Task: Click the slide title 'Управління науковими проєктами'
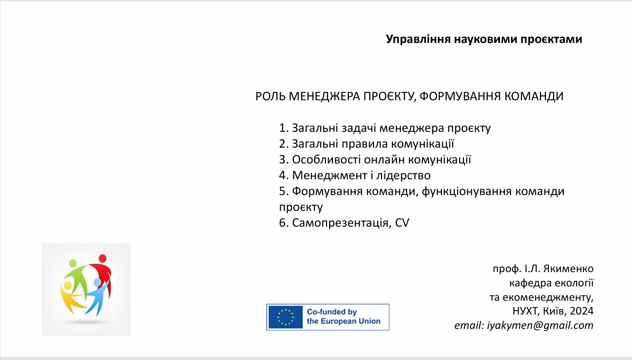click(x=484, y=40)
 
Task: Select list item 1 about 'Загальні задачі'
click(x=385, y=128)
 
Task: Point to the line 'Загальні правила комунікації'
click(x=367, y=144)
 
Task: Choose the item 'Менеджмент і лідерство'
click(x=355, y=176)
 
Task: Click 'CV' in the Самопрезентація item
click(x=403, y=223)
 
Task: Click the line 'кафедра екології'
click(x=551, y=283)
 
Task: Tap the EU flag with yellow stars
click(x=285, y=317)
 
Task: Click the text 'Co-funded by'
click(x=332, y=312)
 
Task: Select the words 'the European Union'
click(x=343, y=321)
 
